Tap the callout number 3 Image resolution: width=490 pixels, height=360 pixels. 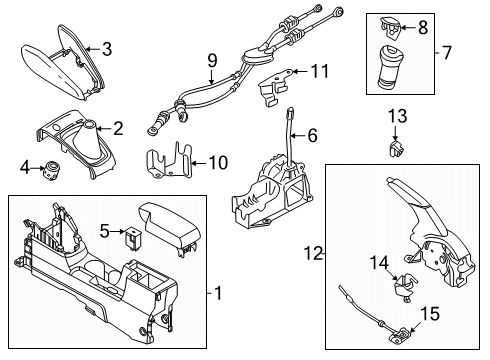pyautogui.click(x=108, y=47)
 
